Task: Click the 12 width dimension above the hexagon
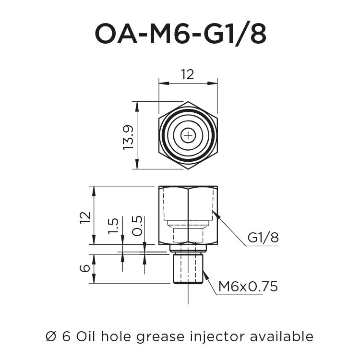187,74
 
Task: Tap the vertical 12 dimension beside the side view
85,217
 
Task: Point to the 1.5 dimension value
113,226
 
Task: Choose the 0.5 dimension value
137,226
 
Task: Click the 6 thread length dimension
85,268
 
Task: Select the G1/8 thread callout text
263,238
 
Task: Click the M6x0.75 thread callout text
248,287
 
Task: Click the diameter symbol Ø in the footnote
51,336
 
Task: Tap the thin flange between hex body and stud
188,249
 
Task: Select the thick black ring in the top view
165,136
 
